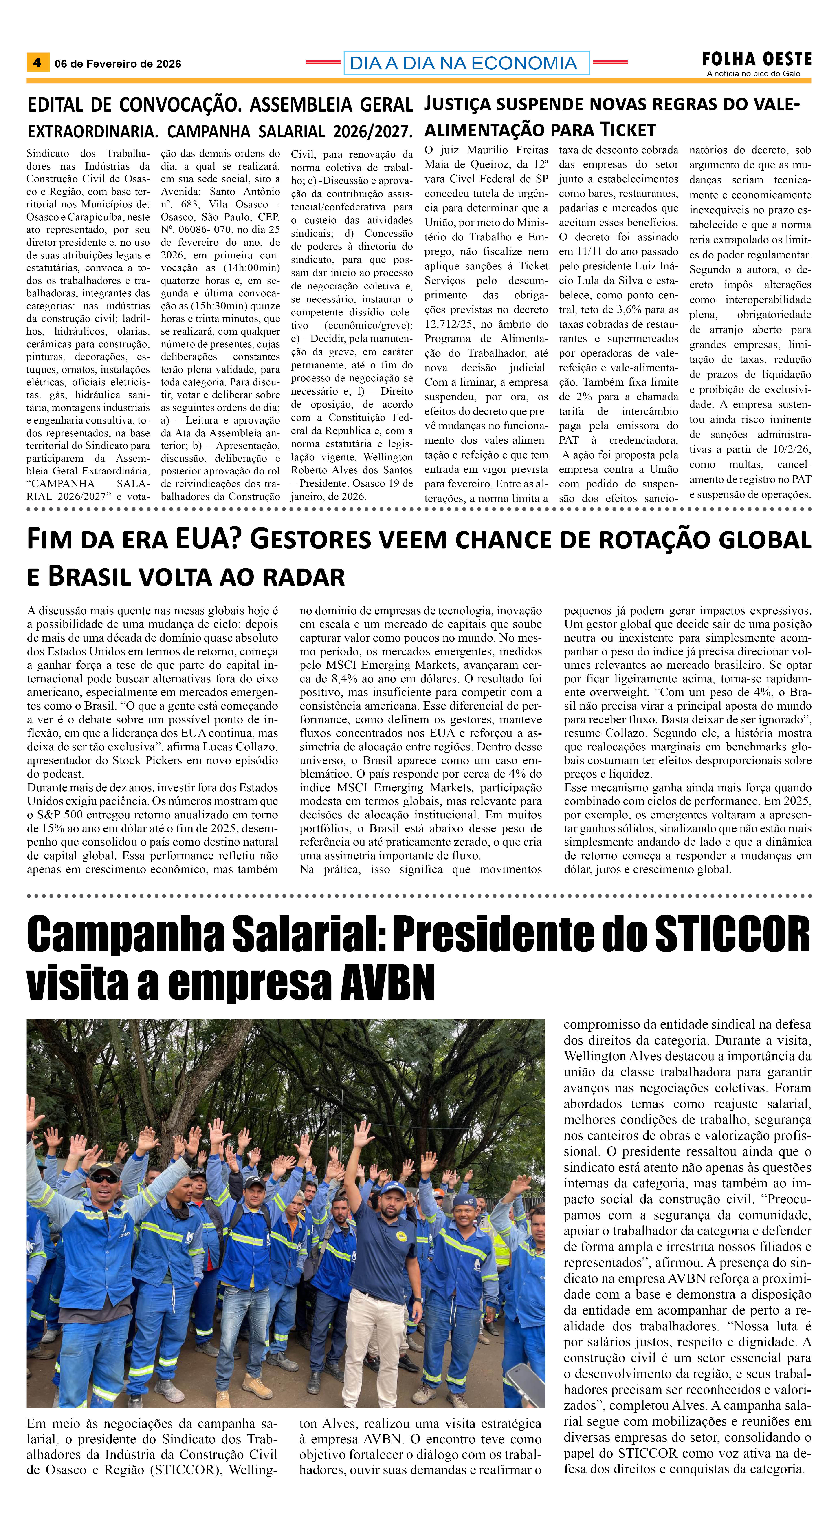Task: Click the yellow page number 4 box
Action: [x=37, y=62]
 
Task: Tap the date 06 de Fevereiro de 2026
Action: [x=118, y=64]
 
